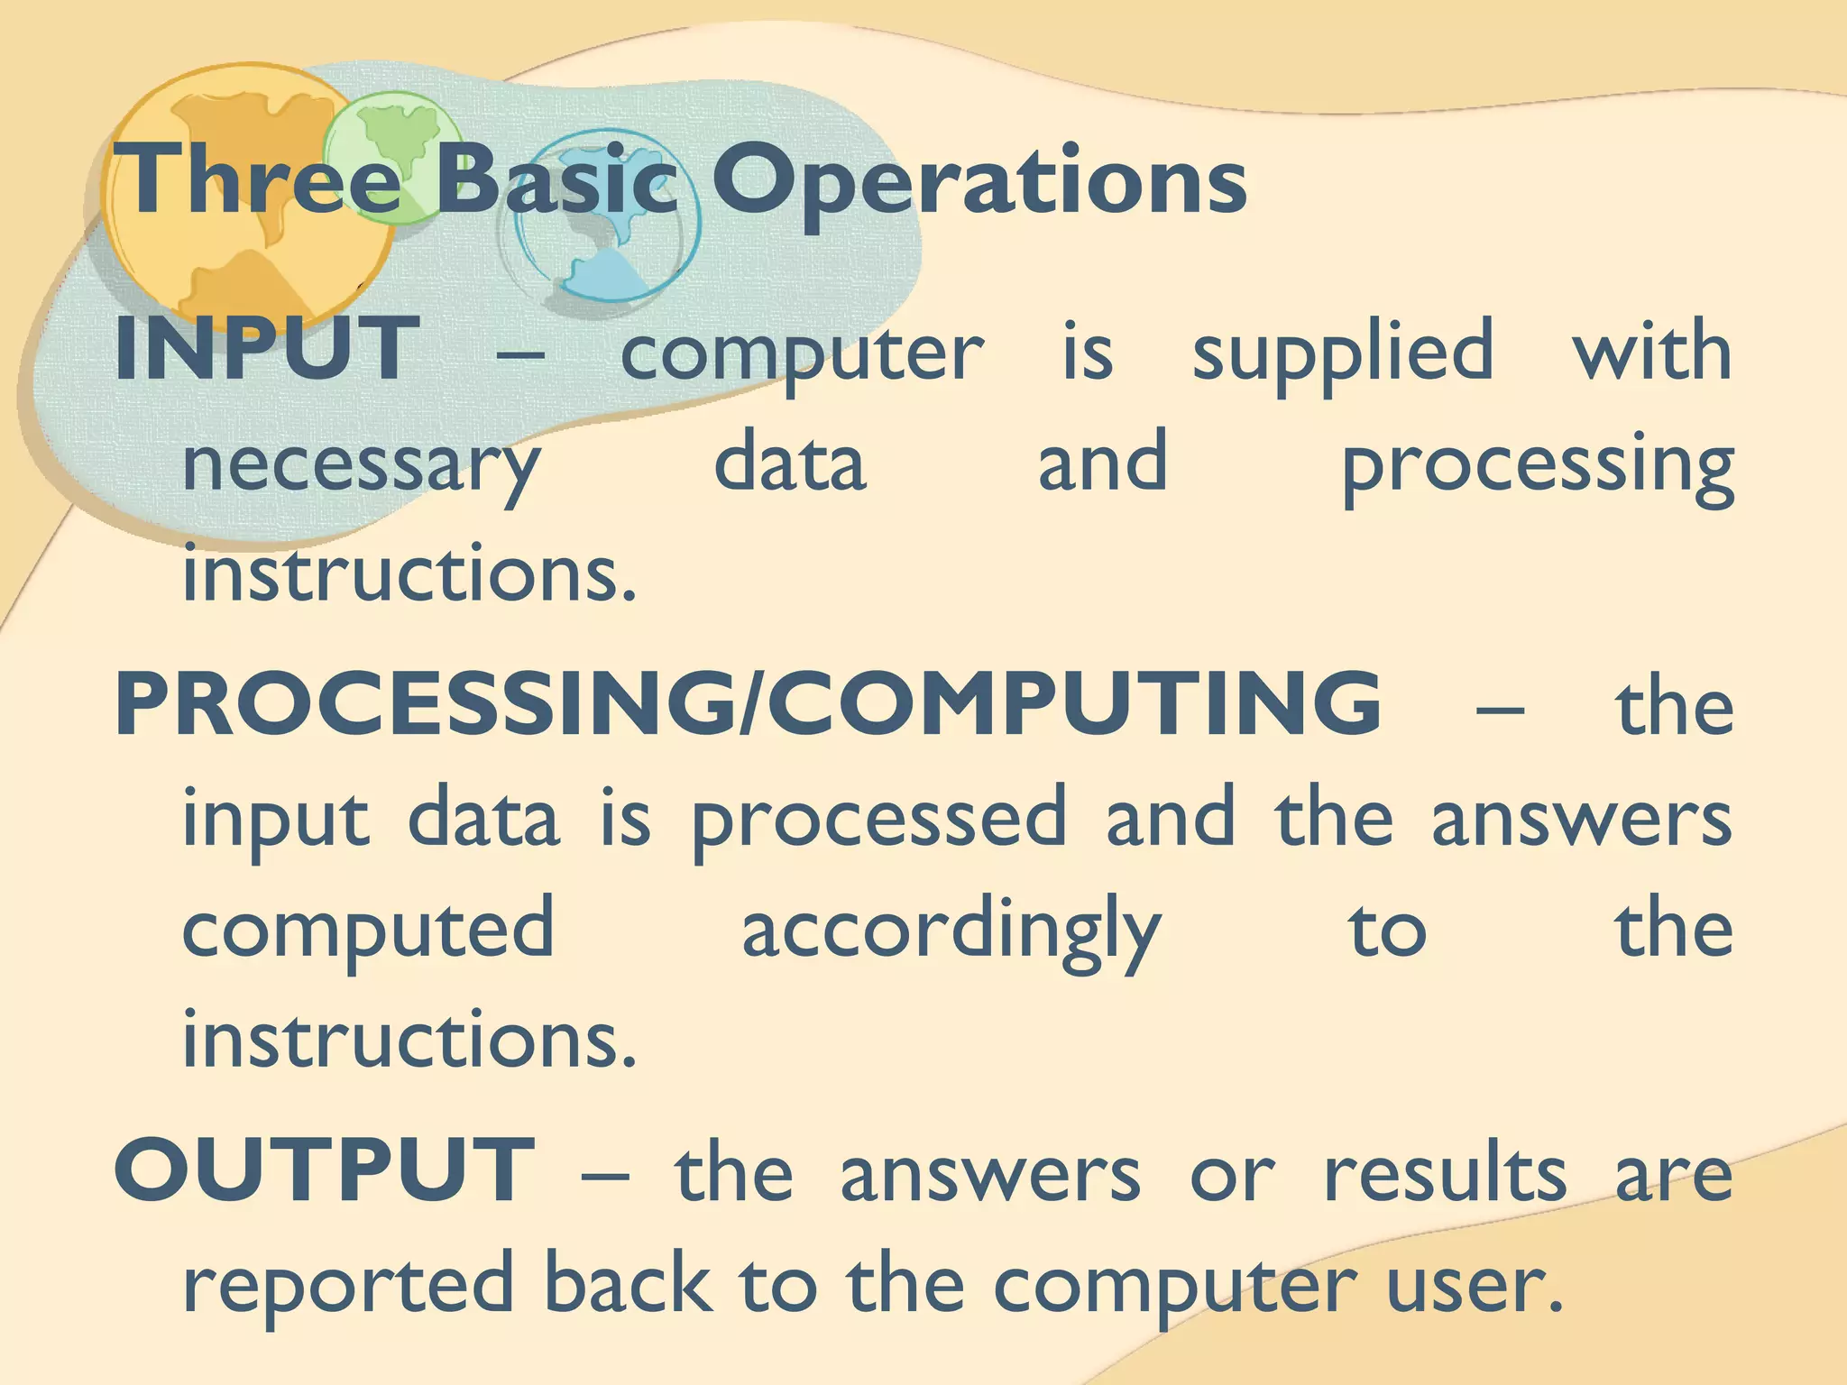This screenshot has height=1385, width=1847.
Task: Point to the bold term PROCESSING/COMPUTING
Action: pyautogui.click(x=748, y=704)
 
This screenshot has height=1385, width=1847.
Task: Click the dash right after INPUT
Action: pyautogui.click(x=520, y=354)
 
